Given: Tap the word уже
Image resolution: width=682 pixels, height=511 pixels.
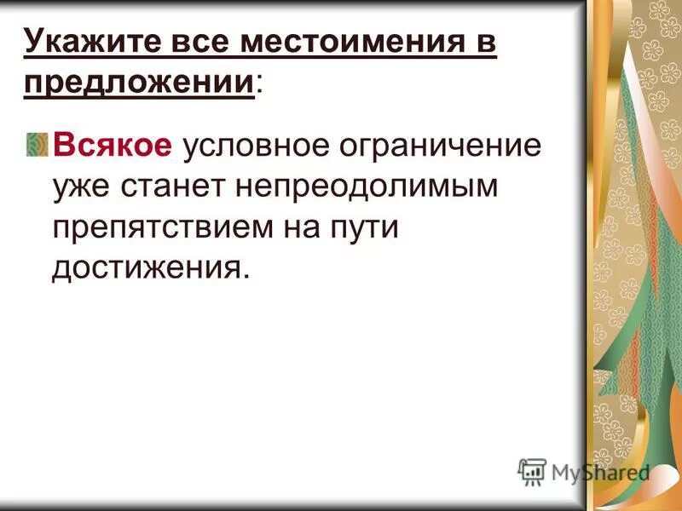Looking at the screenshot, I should [78, 186].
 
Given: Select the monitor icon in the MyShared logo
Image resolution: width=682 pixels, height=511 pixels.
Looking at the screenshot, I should [532, 471].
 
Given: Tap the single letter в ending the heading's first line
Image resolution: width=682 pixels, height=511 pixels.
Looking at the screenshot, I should [483, 41].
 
